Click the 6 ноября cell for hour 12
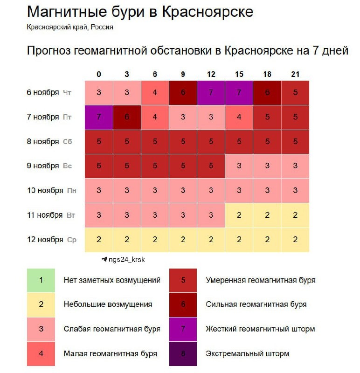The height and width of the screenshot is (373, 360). [211, 92]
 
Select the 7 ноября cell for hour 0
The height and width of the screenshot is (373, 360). [99, 117]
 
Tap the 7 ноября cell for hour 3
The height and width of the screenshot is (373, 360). [127, 117]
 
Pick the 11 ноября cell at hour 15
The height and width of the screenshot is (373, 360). [239, 215]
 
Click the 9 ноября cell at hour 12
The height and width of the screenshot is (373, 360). [211, 166]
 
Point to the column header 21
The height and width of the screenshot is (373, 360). [295, 75]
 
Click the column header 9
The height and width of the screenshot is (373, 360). [183, 75]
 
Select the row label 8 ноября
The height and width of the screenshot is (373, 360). [43, 142]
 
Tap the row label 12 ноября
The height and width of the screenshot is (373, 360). [45, 240]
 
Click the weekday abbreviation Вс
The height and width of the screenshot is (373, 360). [68, 166]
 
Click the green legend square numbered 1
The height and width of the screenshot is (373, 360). [41, 280]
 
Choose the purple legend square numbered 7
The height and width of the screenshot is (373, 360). [183, 329]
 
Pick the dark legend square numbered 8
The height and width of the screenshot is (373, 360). [183, 353]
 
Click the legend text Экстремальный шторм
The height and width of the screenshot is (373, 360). [247, 353]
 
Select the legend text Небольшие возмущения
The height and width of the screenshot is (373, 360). [108, 304]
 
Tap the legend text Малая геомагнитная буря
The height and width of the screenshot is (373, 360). [110, 353]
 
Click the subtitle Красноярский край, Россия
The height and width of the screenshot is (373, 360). [70, 27]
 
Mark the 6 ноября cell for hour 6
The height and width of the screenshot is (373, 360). [155, 92]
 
